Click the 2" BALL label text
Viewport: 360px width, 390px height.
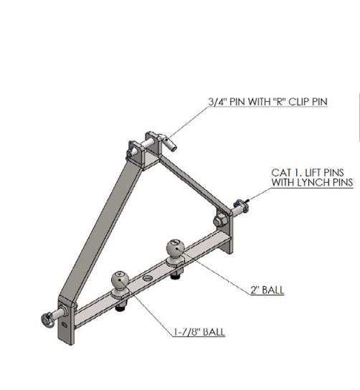click(267, 290)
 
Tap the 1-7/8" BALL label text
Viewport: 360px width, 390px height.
click(199, 332)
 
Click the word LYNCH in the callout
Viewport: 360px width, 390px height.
click(312, 182)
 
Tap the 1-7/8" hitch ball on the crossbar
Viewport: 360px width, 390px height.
click(120, 280)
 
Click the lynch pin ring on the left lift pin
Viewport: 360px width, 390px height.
click(47, 320)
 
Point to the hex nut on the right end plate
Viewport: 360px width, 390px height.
click(219, 221)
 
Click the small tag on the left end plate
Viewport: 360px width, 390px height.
click(65, 324)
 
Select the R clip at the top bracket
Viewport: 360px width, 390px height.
click(131, 148)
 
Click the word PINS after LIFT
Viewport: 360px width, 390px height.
click(333, 173)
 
